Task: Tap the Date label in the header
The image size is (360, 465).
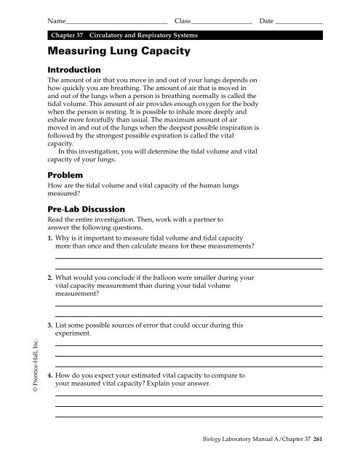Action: [267, 21]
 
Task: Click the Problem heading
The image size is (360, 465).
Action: [66, 175]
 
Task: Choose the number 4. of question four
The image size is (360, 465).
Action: [49, 376]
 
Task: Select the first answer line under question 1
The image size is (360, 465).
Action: [188, 258]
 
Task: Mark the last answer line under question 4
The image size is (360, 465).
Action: [188, 416]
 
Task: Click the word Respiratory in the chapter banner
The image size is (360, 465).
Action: [158, 35]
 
